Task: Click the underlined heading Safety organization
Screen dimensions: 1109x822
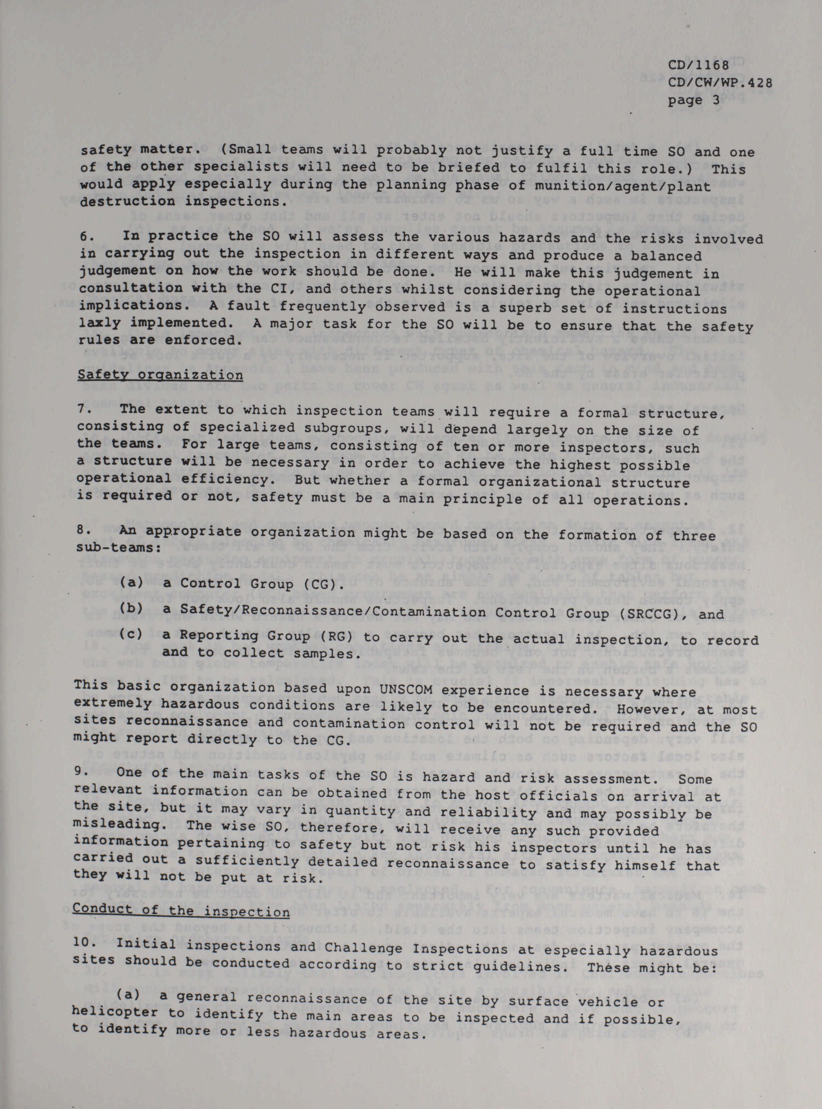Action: tap(160, 374)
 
